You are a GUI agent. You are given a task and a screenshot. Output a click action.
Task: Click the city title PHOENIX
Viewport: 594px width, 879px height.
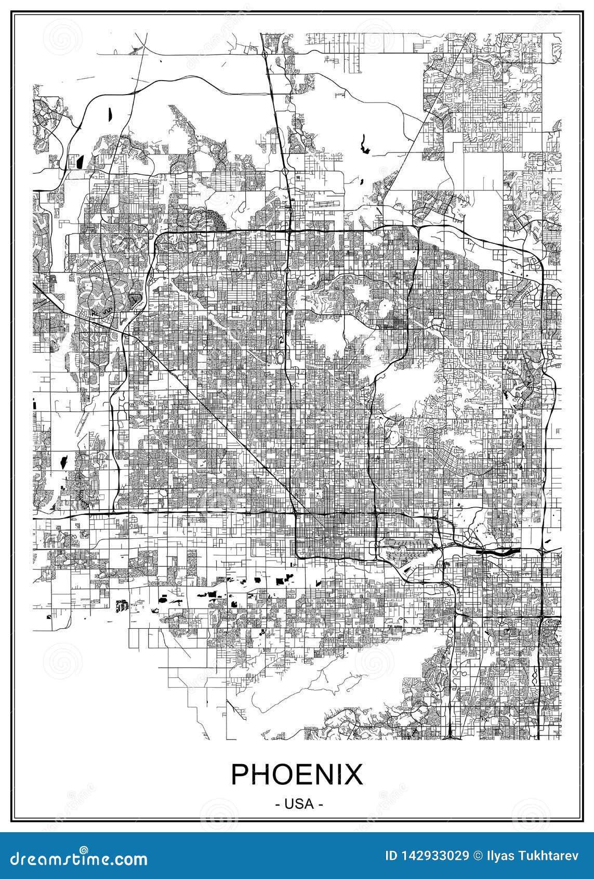point(297,775)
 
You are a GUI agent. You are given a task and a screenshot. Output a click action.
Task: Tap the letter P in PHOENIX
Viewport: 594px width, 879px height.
point(240,775)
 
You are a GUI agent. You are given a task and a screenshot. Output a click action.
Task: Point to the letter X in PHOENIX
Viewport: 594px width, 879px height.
point(353,775)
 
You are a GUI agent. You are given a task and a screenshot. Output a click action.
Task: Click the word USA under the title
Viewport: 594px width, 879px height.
point(297,804)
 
